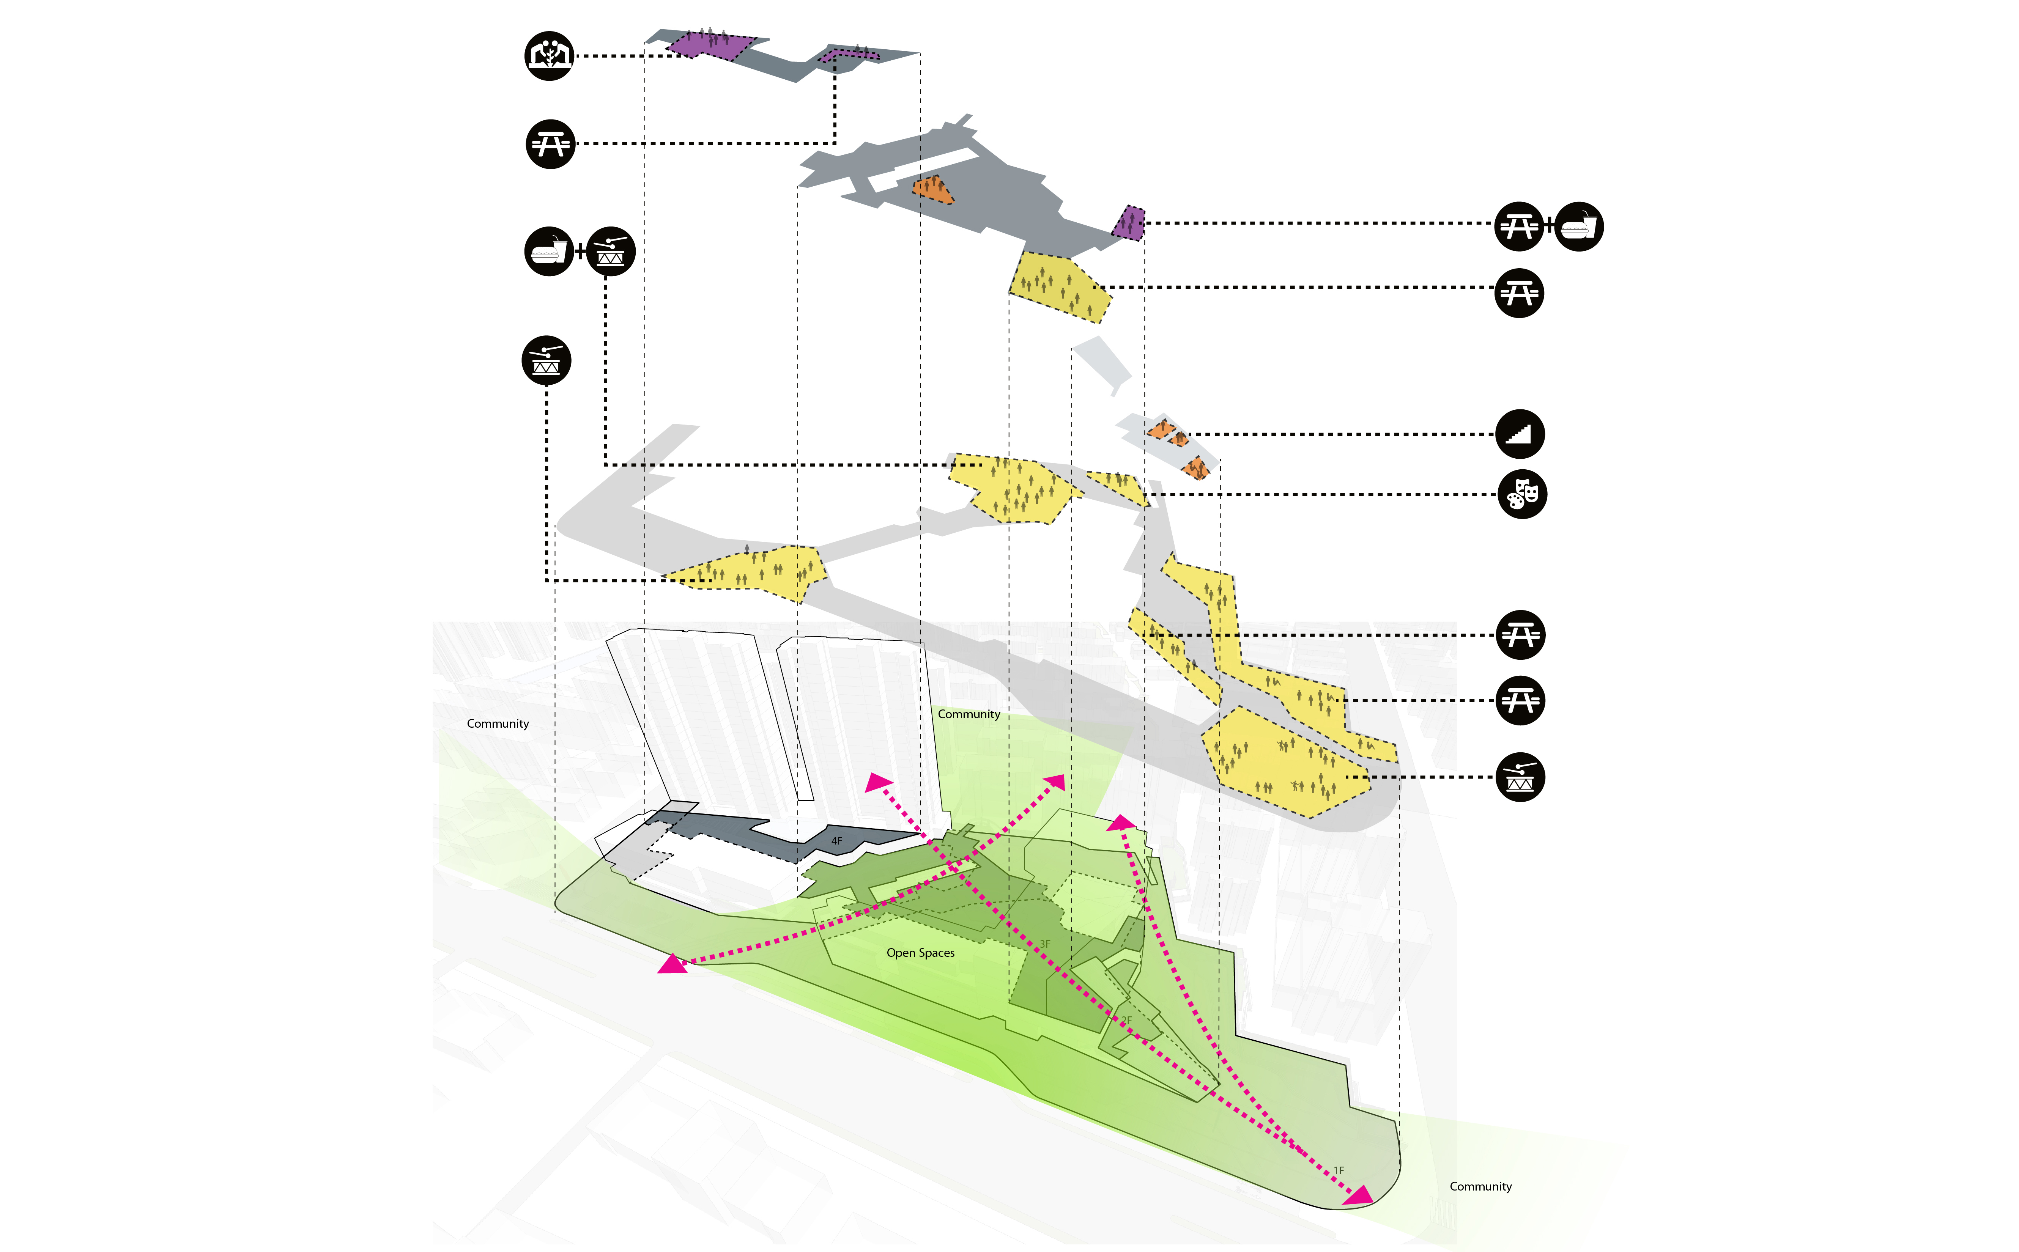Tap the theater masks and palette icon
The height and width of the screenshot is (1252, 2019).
point(1522,494)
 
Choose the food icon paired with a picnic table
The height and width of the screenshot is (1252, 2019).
point(1579,226)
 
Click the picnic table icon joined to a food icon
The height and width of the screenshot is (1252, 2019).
point(1519,226)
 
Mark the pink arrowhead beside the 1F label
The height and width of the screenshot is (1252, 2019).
point(1358,1195)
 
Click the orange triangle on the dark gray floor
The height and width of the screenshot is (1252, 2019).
point(933,190)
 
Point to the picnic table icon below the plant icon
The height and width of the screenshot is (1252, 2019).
point(550,144)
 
